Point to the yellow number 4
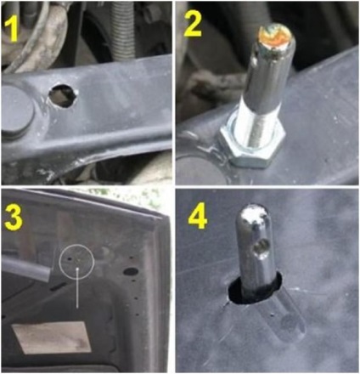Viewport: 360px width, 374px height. pos(198,217)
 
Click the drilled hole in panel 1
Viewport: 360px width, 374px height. pos(63,95)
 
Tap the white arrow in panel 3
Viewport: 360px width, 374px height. pos(76,287)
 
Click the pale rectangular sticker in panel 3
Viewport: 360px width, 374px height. pos(52,337)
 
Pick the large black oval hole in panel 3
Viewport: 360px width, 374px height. pos(131,272)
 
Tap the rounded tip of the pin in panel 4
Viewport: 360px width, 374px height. pos(253,212)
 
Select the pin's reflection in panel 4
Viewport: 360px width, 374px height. pos(284,315)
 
